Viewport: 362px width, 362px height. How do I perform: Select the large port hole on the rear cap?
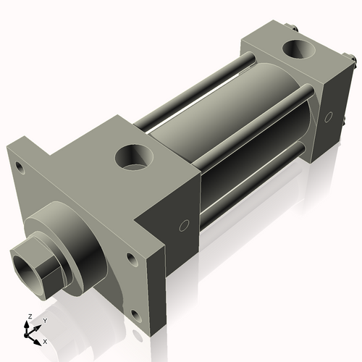click(298, 51)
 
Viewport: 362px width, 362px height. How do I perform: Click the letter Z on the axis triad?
click(28, 317)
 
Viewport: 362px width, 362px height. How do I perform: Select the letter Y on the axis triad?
click(44, 321)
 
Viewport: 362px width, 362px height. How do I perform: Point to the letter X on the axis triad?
click(45, 340)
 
